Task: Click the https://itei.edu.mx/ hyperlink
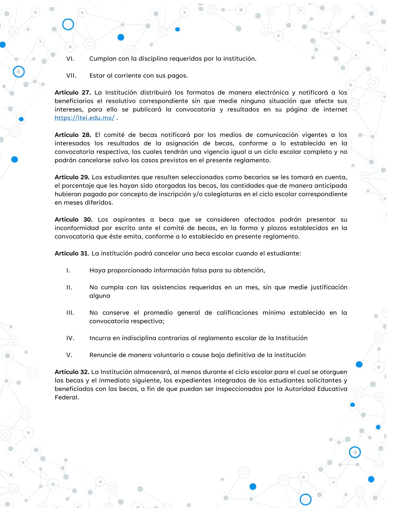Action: point(84,118)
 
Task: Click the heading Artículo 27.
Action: point(73,93)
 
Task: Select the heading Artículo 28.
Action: point(73,135)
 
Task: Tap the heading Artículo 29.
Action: point(72,177)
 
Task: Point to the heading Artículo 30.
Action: point(74,220)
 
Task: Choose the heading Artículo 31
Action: point(71,253)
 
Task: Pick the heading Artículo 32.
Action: point(72,372)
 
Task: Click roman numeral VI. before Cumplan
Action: point(70,59)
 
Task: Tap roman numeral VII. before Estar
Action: point(71,76)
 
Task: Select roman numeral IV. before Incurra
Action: point(70,338)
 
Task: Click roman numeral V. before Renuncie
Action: point(69,355)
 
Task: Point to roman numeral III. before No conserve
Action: point(70,313)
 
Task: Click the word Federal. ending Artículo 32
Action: point(67,397)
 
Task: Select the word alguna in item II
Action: point(100,296)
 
